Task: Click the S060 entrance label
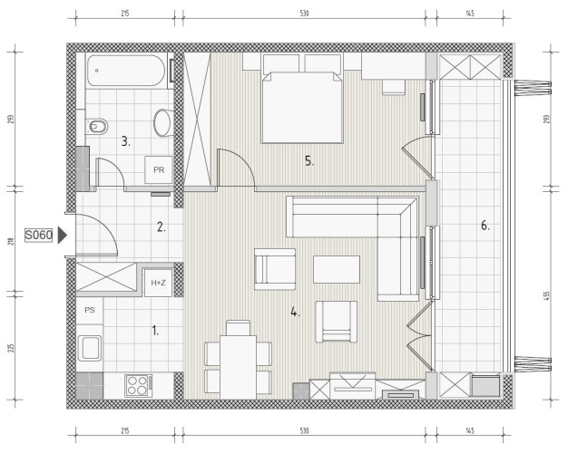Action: (39, 236)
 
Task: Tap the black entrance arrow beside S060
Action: (63, 236)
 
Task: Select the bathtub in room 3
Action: (126, 71)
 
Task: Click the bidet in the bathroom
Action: (97, 126)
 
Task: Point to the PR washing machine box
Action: (159, 169)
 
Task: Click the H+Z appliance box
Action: (158, 283)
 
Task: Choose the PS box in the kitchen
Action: (90, 310)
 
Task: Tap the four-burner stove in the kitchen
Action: (139, 385)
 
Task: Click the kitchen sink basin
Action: (90, 348)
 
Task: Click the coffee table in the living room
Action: (337, 270)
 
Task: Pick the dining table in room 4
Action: (239, 367)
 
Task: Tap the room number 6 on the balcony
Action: (485, 226)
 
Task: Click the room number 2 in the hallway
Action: (162, 227)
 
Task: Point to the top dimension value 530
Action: (304, 14)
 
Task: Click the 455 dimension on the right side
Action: (546, 296)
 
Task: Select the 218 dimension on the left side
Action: (11, 241)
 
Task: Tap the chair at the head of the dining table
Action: (238, 328)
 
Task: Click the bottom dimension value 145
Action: (469, 430)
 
